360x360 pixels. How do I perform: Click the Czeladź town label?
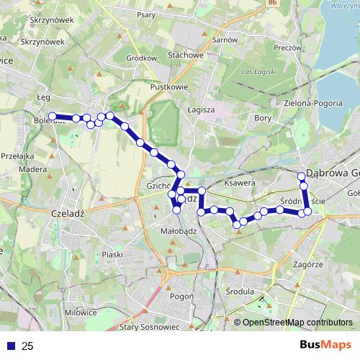point(69,213)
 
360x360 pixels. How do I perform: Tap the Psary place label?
point(166,14)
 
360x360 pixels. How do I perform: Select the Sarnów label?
point(225,40)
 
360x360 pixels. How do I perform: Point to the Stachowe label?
point(186,54)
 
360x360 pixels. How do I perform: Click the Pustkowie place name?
point(169,86)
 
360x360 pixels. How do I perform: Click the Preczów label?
point(287,49)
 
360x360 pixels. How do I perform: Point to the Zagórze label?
point(307,264)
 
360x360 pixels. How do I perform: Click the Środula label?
point(240,292)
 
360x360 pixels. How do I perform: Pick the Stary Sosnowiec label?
point(149,327)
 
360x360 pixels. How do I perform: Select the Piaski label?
point(113,254)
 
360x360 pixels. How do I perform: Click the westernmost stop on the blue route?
point(52,116)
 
